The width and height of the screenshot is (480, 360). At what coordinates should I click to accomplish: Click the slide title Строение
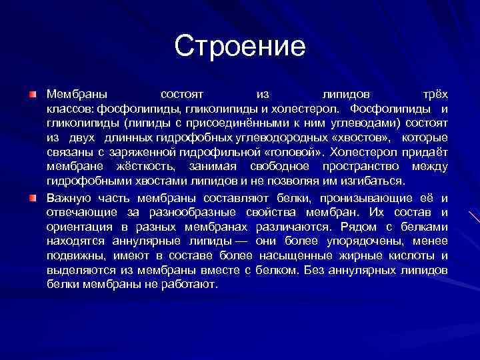[x=240, y=46]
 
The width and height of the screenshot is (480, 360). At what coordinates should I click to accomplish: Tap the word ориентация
[x=79, y=227]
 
